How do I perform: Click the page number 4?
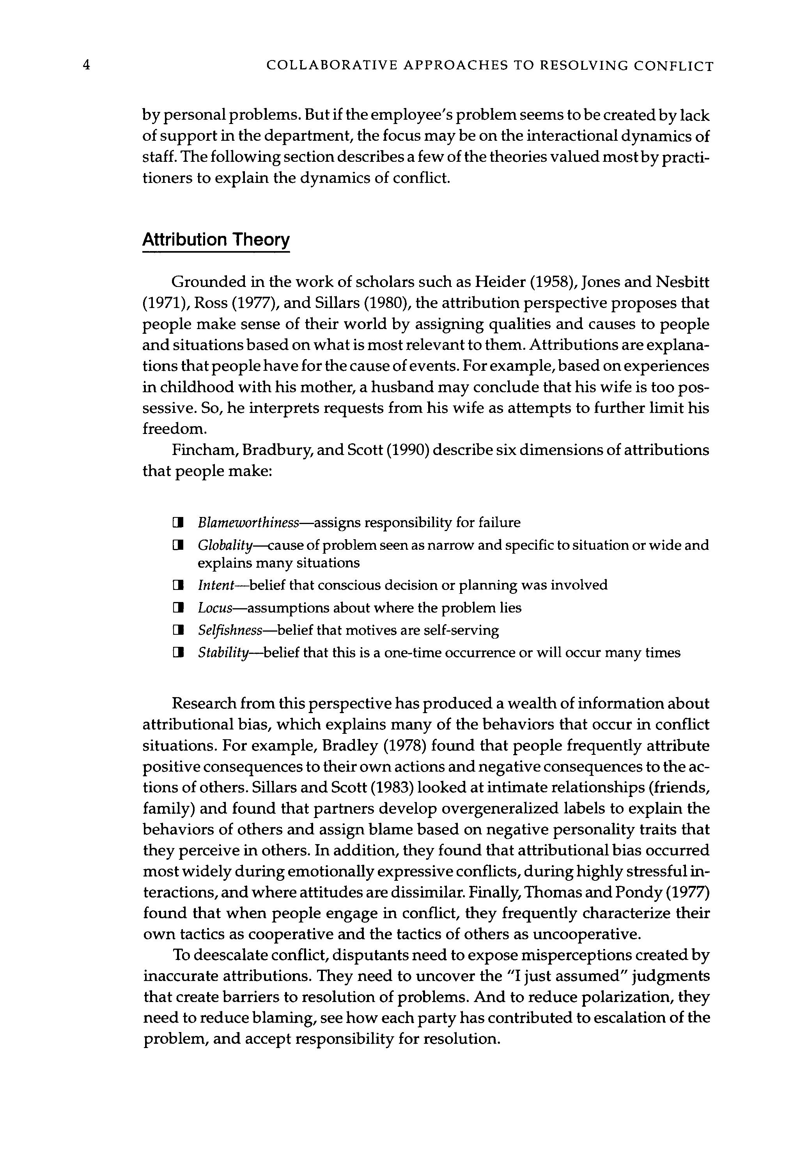click(x=86, y=65)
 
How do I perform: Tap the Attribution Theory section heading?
click(x=216, y=240)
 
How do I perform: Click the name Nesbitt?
click(x=682, y=282)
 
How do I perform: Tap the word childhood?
click(x=195, y=387)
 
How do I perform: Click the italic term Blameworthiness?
click(x=248, y=523)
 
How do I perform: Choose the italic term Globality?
click(x=225, y=545)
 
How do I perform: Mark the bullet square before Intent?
click(x=177, y=586)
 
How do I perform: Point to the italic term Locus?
click(x=215, y=608)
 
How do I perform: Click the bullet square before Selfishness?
click(x=177, y=630)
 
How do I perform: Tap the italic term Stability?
click(x=223, y=653)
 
